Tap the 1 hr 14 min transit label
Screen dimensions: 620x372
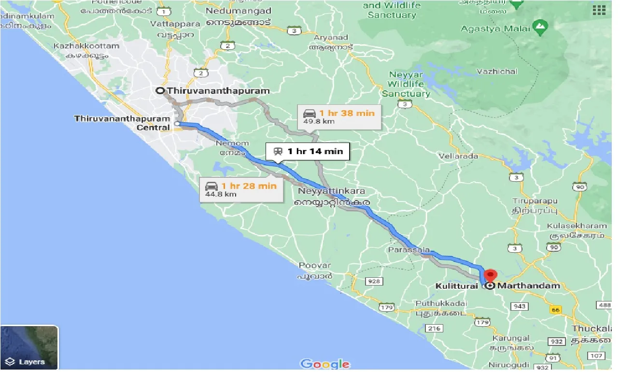click(308, 151)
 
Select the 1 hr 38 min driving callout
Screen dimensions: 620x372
click(339, 116)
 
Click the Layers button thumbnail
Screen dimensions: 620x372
click(29, 347)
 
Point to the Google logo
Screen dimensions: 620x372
click(325, 364)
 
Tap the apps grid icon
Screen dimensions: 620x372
click(599, 10)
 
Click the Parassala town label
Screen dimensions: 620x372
click(409, 250)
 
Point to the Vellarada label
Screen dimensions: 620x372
click(459, 156)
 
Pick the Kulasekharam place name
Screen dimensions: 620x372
click(577, 226)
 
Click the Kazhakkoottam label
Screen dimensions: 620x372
click(86, 46)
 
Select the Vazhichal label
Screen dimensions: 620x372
click(497, 72)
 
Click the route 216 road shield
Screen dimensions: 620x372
click(434, 329)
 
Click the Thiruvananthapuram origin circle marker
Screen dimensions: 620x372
click(160, 90)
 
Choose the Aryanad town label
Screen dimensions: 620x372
click(331, 37)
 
